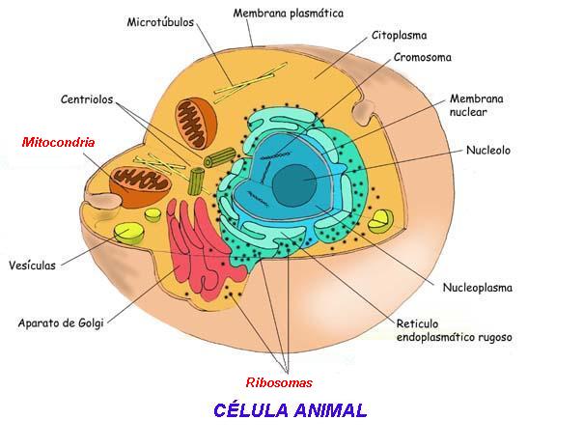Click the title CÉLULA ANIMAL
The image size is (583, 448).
coord(290,409)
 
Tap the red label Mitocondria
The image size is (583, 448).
coord(58,141)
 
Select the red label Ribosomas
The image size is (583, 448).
coord(279,381)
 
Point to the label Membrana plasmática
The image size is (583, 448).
coord(289,14)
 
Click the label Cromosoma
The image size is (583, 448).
coord(423,56)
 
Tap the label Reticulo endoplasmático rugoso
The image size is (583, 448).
coord(454,330)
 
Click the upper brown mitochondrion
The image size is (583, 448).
coord(199,122)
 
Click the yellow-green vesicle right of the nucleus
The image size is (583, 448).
coord(381,220)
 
